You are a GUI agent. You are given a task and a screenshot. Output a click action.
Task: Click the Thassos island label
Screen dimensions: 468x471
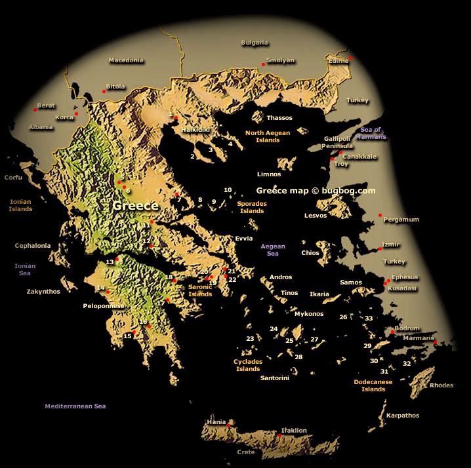[279, 118]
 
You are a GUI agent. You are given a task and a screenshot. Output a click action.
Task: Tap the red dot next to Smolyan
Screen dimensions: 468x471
[264, 64]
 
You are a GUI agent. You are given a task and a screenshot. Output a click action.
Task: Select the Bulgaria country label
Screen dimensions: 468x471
[255, 43]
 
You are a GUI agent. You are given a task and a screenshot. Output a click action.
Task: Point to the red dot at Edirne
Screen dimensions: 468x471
[351, 58]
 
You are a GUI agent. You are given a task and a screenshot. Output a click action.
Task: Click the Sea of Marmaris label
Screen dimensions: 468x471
[372, 134]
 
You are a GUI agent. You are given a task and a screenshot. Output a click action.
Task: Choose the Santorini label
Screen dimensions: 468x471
[274, 378]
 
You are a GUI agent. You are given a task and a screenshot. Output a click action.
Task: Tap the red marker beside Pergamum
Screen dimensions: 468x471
[380, 214]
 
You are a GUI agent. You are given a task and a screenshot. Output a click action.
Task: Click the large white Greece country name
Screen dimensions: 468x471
[135, 206]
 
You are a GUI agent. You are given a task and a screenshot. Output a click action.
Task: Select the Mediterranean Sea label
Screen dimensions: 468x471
[75, 406]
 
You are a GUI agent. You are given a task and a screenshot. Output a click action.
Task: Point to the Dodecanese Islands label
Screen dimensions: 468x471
[373, 385]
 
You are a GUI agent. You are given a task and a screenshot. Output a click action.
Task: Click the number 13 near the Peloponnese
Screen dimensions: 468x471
[110, 262]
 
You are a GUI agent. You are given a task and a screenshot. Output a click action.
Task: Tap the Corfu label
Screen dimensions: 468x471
[13, 178]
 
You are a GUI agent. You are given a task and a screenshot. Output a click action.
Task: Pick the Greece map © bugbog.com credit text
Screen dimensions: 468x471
[316, 191]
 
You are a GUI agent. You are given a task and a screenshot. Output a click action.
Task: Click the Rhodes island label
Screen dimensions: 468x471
[441, 385]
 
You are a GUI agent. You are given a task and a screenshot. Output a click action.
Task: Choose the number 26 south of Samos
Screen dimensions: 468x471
[343, 317]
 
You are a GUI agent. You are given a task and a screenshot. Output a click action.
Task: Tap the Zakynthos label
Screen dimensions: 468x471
[43, 292]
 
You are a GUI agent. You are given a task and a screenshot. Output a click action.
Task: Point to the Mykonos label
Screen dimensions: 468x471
[309, 314]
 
